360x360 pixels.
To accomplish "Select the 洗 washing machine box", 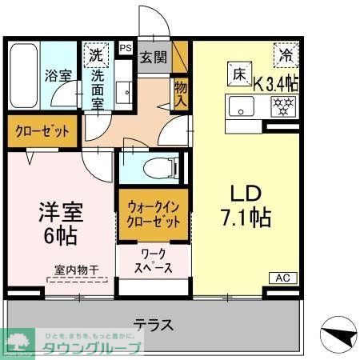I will coord(96,56).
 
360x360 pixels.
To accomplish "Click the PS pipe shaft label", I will coord(125,48).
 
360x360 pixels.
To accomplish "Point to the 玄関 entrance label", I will coord(154,58).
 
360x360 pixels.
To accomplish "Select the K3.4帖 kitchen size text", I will coord(276,82).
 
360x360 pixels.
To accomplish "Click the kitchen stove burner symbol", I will coord(281,105).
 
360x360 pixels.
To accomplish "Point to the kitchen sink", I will coord(240,105).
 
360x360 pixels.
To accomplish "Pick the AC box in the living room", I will coord(282,278).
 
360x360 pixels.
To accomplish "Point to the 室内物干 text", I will coord(77,271).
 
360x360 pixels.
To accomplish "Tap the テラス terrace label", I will coord(154,325).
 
